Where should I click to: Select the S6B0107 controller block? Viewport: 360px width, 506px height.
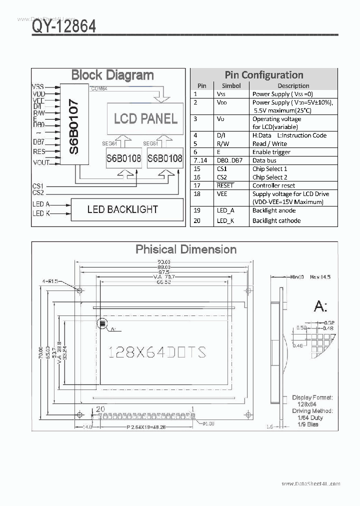point(73,125)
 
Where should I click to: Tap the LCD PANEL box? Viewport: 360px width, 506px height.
point(145,118)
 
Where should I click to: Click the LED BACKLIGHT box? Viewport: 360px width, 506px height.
point(122,209)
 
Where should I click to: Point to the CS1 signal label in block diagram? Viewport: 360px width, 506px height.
point(38,185)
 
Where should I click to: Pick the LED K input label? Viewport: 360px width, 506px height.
point(41,213)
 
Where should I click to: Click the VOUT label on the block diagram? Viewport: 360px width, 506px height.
point(41,162)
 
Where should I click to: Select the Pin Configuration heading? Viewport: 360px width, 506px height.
point(263,75)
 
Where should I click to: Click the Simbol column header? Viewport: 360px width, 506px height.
point(231,85)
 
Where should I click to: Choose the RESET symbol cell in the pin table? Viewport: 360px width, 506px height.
point(225,185)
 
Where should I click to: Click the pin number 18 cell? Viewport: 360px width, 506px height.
point(196,194)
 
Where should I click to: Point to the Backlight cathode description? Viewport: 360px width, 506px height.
point(276,220)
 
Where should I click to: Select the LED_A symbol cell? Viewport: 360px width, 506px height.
point(225,211)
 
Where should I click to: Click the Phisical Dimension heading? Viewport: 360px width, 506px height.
point(186,249)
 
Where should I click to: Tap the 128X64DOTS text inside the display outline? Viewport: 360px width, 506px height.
point(157,352)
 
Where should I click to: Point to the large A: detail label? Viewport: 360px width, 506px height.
point(320,307)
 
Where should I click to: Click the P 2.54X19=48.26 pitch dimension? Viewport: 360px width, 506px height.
point(146,427)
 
